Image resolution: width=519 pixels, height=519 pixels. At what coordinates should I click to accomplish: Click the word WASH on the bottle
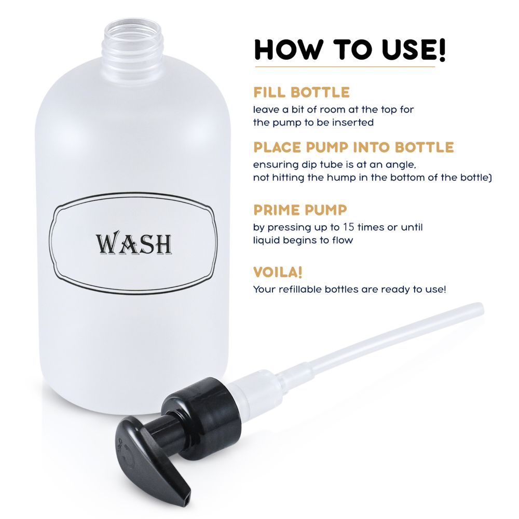pos(133,243)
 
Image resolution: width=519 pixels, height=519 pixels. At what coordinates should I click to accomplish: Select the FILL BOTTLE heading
pos(301,93)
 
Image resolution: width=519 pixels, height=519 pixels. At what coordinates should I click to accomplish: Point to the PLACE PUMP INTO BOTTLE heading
pos(353,147)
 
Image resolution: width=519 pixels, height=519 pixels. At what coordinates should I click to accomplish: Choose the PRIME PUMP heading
pos(300,210)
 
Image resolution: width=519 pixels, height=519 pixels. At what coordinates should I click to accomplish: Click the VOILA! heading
pos(278,272)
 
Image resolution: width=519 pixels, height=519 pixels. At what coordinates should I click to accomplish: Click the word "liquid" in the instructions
pos(266,240)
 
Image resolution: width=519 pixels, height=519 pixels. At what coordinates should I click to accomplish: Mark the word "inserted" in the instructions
pos(354,123)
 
